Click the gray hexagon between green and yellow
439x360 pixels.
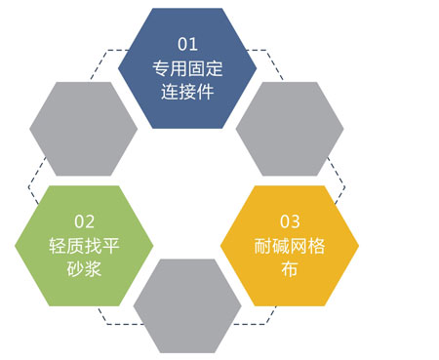click(x=186, y=303)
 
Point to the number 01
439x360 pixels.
click(x=187, y=45)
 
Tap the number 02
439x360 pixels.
click(x=85, y=220)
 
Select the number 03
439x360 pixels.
click(x=290, y=220)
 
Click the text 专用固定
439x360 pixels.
click(x=187, y=69)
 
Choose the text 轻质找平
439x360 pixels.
click(x=85, y=245)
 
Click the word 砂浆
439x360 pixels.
click(x=85, y=268)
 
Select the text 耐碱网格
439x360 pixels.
click(x=290, y=245)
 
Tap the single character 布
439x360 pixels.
click(x=290, y=268)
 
